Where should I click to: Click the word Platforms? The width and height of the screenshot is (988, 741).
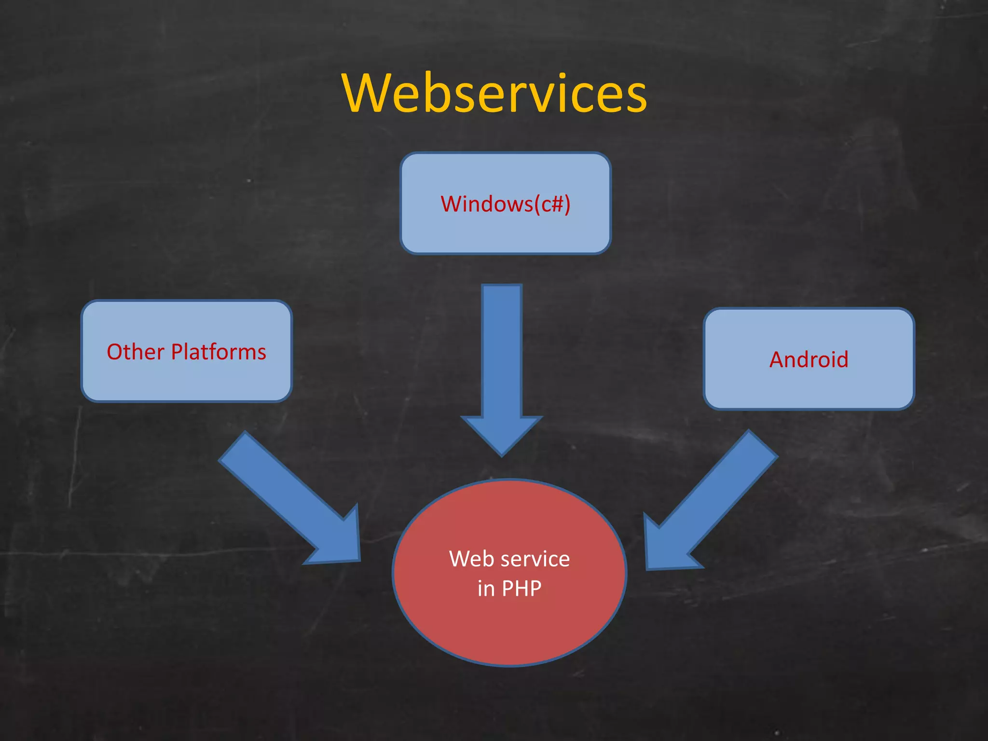(x=219, y=352)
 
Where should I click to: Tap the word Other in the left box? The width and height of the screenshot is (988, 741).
(x=136, y=352)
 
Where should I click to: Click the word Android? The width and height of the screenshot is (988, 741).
(x=809, y=360)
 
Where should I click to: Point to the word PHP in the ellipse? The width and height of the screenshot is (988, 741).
(x=521, y=589)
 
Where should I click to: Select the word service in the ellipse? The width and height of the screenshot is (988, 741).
(x=535, y=559)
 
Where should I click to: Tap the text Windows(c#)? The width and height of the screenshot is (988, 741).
(x=505, y=204)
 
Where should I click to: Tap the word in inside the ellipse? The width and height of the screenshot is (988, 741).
(x=486, y=589)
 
